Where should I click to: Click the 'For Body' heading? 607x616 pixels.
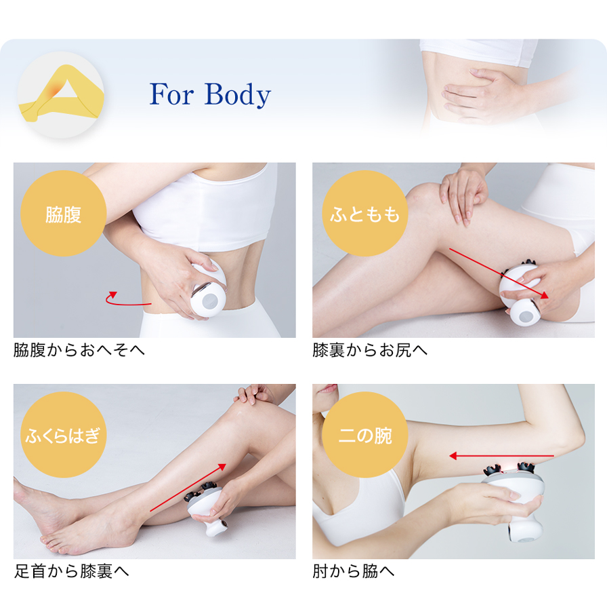point(210,94)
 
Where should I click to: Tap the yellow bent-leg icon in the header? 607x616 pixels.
point(61,96)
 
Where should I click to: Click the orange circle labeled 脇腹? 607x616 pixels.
point(64,215)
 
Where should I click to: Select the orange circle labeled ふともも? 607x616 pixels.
point(364,215)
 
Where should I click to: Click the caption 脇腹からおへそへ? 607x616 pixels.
point(79,350)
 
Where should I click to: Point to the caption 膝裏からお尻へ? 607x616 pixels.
point(370,350)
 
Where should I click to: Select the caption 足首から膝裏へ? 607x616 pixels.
point(71,571)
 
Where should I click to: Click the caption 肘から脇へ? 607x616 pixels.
point(353,571)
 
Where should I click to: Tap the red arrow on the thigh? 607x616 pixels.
point(498,273)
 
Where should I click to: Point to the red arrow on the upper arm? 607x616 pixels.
point(501,456)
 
